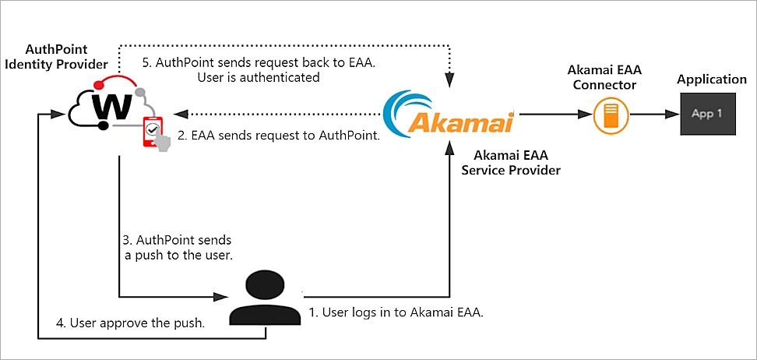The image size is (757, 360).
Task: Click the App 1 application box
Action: pyautogui.click(x=707, y=114)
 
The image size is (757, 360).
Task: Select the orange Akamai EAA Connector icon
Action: pyautogui.click(x=611, y=115)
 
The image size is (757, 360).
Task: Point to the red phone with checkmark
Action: pyautogui.click(x=153, y=132)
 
